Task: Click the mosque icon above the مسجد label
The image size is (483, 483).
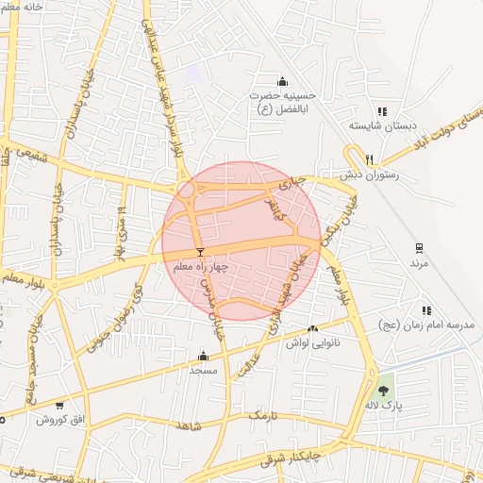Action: coord(203,357)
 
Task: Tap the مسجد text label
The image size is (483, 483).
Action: coord(203,370)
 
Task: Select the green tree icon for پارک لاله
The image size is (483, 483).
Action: coord(383,390)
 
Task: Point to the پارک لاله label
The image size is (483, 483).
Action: coord(383,405)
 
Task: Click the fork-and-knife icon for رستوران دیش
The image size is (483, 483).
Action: coord(370,159)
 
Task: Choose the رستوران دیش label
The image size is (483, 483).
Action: coord(370,175)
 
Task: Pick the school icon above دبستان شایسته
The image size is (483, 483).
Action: coord(381,110)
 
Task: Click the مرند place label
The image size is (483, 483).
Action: coord(419,264)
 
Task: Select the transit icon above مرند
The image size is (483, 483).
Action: coord(419,249)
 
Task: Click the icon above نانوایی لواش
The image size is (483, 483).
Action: coord(312,329)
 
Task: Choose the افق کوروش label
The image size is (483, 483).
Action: coord(60,419)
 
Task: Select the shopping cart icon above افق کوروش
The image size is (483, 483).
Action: coord(60,405)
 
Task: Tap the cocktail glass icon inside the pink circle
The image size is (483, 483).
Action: coord(200,252)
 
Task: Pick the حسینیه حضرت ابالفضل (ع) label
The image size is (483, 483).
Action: coord(282,102)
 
